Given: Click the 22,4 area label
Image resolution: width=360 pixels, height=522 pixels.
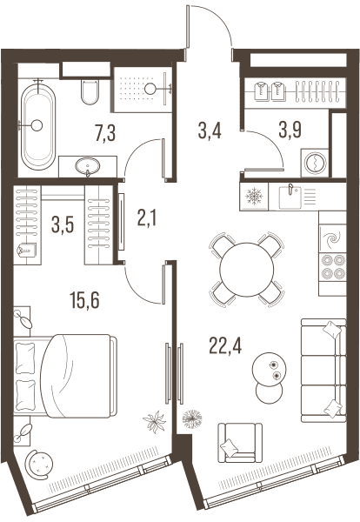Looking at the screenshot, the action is tap(225, 345).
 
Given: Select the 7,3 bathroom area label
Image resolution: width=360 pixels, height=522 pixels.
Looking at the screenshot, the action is tap(105, 133).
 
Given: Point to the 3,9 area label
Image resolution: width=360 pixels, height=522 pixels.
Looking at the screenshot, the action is tap(290, 130).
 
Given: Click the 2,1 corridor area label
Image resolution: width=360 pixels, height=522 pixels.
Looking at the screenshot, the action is tap(147, 218).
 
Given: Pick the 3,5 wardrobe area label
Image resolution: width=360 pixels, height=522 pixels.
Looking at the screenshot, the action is tap(63, 224).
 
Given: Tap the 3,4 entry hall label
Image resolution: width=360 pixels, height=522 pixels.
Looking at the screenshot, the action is tap(210, 130).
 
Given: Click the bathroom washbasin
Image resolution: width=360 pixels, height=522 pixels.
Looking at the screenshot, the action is tap(88, 166).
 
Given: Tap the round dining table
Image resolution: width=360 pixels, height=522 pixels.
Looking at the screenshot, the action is tap(247, 269).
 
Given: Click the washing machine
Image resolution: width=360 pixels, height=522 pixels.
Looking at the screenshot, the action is tap(315, 163).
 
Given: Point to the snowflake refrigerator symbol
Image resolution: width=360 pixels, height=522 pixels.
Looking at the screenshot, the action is tap(254, 196).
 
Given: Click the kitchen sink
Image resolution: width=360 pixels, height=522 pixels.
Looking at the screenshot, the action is tap(290, 197).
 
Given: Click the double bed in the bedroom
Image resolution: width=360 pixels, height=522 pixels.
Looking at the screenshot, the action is tap(65, 376).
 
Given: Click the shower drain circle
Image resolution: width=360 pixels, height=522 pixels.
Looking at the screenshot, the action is tap(150, 88).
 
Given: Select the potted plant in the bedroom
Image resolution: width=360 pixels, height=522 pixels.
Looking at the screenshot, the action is tap(155, 421).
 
